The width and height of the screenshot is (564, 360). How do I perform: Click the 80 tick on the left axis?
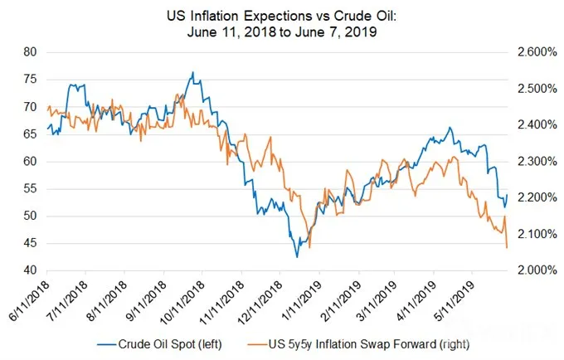(x=30, y=52)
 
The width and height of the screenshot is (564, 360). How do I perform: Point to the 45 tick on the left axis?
(x=30, y=244)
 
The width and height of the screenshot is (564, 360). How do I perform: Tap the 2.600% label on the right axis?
(x=537, y=52)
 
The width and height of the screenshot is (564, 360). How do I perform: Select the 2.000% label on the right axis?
(x=537, y=270)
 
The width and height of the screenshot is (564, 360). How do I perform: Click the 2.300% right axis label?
(x=537, y=162)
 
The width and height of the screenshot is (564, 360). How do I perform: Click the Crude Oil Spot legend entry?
(x=170, y=344)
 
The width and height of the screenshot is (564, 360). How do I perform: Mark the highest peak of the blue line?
(x=193, y=72)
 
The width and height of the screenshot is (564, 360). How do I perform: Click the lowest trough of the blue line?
(x=297, y=257)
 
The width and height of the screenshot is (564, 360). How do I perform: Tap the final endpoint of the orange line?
(x=507, y=247)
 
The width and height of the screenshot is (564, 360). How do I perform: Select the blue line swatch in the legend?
(x=106, y=344)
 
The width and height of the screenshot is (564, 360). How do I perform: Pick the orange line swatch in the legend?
(x=257, y=344)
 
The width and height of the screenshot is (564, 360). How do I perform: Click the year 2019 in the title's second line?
(x=362, y=32)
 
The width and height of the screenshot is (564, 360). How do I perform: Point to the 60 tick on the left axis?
(x=30, y=162)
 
